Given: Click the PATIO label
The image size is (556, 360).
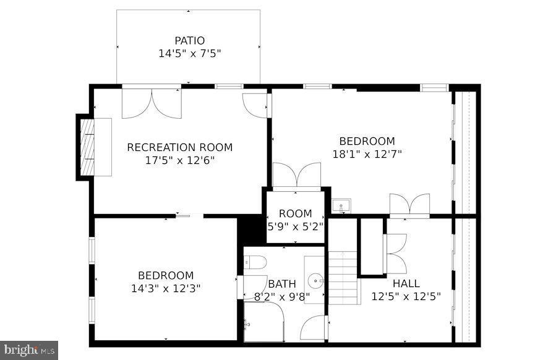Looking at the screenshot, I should click(x=189, y=41).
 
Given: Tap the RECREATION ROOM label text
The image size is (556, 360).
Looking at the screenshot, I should click(x=179, y=147).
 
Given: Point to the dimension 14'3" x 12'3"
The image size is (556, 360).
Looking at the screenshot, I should click(x=165, y=288).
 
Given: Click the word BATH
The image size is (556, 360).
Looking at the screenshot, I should click(x=282, y=284).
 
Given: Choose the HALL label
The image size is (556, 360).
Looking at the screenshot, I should click(x=406, y=284).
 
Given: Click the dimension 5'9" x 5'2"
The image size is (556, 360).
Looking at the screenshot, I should click(x=296, y=226).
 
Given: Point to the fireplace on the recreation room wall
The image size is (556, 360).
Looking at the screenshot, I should click(x=87, y=147).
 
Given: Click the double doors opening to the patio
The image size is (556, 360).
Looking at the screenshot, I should click(x=152, y=103).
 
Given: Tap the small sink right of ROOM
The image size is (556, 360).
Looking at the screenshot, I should click(x=341, y=206).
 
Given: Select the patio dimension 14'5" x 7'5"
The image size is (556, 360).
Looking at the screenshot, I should click(x=189, y=54).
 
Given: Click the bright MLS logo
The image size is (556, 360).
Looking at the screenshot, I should click(x=29, y=350).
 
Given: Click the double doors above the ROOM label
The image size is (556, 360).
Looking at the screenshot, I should click(x=296, y=174).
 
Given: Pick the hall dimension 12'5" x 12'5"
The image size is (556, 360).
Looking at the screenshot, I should click(x=406, y=296).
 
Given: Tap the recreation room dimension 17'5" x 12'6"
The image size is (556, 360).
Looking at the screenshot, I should click(x=179, y=160).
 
